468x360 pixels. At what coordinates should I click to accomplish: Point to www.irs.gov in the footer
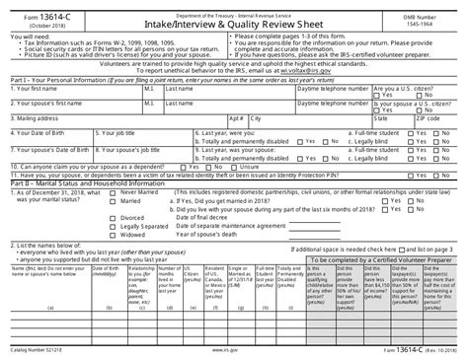[x=225, y=349]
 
